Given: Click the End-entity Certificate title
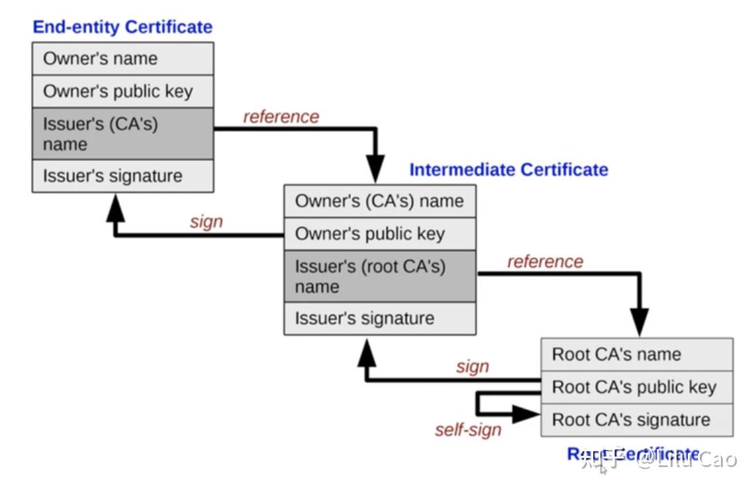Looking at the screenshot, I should point(122,27).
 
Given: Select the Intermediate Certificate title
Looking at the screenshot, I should point(508,170).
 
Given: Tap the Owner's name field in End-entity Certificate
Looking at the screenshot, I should point(122,58).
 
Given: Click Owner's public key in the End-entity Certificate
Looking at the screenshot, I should point(122,91).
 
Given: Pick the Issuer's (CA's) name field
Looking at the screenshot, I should point(122,134).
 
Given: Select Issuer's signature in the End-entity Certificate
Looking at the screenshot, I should point(122,176).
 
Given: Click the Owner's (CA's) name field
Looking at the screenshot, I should point(379,201).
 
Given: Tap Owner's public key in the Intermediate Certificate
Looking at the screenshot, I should point(379,234).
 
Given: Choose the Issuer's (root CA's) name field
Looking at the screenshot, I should point(379,276).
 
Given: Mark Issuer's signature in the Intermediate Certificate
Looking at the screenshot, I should point(379,319).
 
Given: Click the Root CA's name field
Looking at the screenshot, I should point(636,354).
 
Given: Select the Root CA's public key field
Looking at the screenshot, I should point(636,387).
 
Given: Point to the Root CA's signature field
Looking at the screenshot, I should point(636,420).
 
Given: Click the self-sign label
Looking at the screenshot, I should point(468,430).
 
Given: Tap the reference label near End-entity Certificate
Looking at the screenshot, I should point(281,117).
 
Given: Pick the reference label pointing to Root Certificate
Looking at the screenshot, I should point(545,262).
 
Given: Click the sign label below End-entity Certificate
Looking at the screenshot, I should point(206,221).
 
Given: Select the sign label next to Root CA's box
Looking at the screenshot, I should point(472,366).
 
